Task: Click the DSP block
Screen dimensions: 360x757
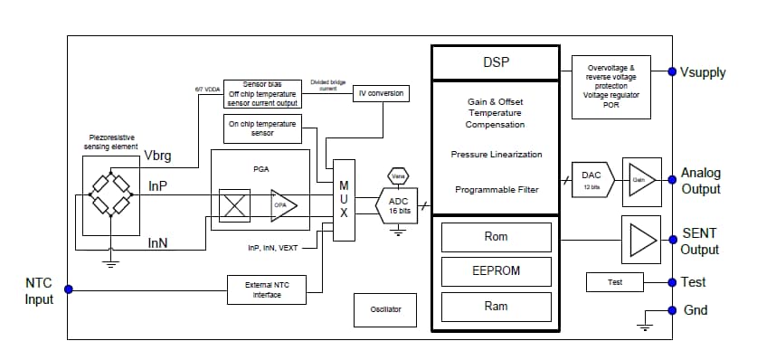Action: pyautogui.click(x=496, y=62)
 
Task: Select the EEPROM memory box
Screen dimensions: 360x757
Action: pyautogui.click(x=496, y=270)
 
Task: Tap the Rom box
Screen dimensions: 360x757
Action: pyautogui.click(x=496, y=237)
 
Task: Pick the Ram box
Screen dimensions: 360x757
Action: pyautogui.click(x=496, y=307)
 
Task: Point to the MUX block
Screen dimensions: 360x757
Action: pyautogui.click(x=344, y=201)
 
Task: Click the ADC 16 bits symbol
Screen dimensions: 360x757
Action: pyautogui.click(x=398, y=205)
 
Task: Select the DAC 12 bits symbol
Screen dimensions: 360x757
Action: pyautogui.click(x=592, y=179)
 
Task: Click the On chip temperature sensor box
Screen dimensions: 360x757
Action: pyautogui.click(x=261, y=128)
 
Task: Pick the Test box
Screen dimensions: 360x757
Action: pyautogui.click(x=615, y=282)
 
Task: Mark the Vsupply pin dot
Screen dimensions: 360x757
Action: pyautogui.click(x=670, y=72)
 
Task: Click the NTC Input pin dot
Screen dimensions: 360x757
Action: pyautogui.click(x=68, y=290)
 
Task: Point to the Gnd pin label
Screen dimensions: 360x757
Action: pyautogui.click(x=695, y=310)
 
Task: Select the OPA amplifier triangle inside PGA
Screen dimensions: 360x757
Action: pyautogui.click(x=283, y=205)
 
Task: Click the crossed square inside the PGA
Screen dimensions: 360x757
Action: pyautogui.click(x=235, y=205)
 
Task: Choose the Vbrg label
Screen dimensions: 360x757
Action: pyautogui.click(x=157, y=156)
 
